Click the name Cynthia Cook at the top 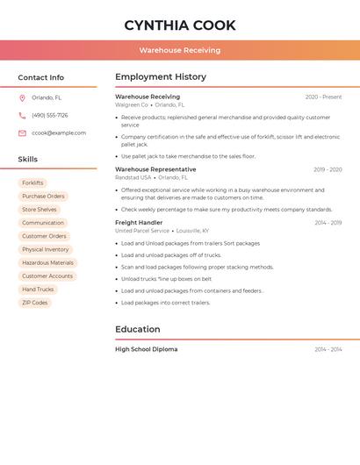pyautogui.click(x=180, y=25)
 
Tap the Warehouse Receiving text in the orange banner pyautogui.click(x=180, y=50)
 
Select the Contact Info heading pyautogui.click(x=40, y=77)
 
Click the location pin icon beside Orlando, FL pyautogui.click(x=22, y=98)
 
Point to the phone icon pyautogui.click(x=22, y=116)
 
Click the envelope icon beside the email pyautogui.click(x=22, y=133)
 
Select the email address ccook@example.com pyautogui.click(x=59, y=133)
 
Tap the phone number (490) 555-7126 pyautogui.click(x=50, y=116)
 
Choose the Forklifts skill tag pyautogui.click(x=32, y=183)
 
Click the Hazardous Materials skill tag pyautogui.click(x=47, y=263)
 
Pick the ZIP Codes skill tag pyautogui.click(x=35, y=303)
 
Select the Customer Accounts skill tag pyautogui.click(x=47, y=276)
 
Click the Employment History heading pyautogui.click(x=161, y=77)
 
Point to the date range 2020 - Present pyautogui.click(x=323, y=97)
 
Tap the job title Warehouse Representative pyautogui.click(x=155, y=169)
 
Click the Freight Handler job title pyautogui.click(x=139, y=223)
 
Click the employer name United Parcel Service pyautogui.click(x=142, y=231)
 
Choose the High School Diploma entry pyautogui.click(x=146, y=349)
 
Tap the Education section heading pyautogui.click(x=138, y=330)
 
